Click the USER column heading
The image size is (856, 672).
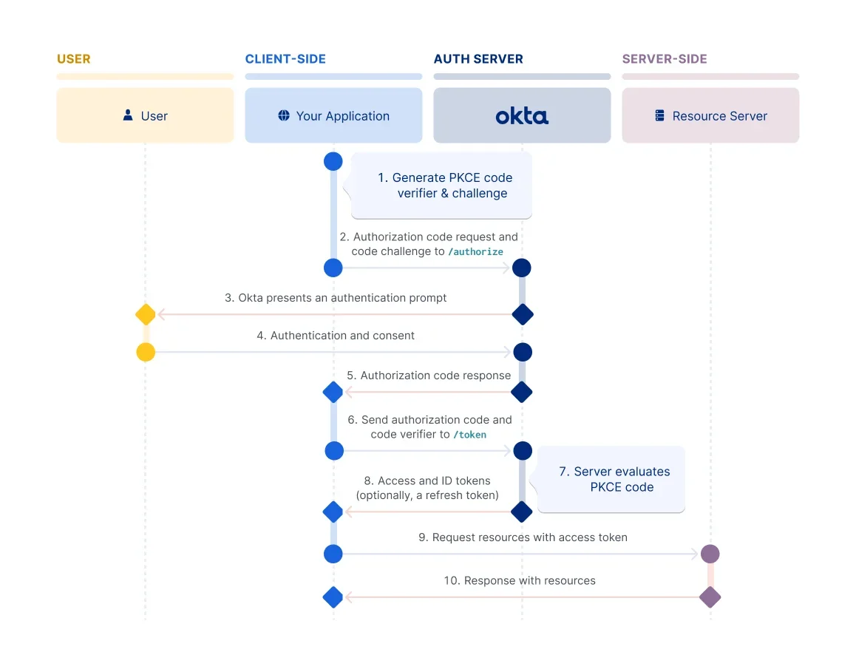tap(74, 59)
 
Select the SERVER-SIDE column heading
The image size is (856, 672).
tap(665, 59)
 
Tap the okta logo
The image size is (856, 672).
tap(522, 116)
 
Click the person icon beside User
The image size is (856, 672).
tap(128, 115)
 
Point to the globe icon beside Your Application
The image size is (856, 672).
tap(284, 115)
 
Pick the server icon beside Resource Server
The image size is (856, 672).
tap(660, 116)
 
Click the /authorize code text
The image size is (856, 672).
tap(475, 251)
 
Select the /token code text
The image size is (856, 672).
tap(469, 435)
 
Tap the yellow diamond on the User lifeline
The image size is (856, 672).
tap(146, 314)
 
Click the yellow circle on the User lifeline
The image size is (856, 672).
tap(146, 352)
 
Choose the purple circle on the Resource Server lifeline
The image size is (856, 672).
tap(710, 554)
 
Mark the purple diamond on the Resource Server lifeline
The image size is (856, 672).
tap(710, 597)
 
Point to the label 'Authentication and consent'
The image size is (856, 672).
tap(342, 336)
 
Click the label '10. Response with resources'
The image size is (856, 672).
tap(519, 581)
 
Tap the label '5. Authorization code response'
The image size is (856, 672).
tap(429, 376)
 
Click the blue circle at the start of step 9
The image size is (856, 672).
tap(333, 554)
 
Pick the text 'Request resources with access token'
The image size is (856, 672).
tap(529, 537)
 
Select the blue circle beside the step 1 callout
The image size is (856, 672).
tap(333, 162)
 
